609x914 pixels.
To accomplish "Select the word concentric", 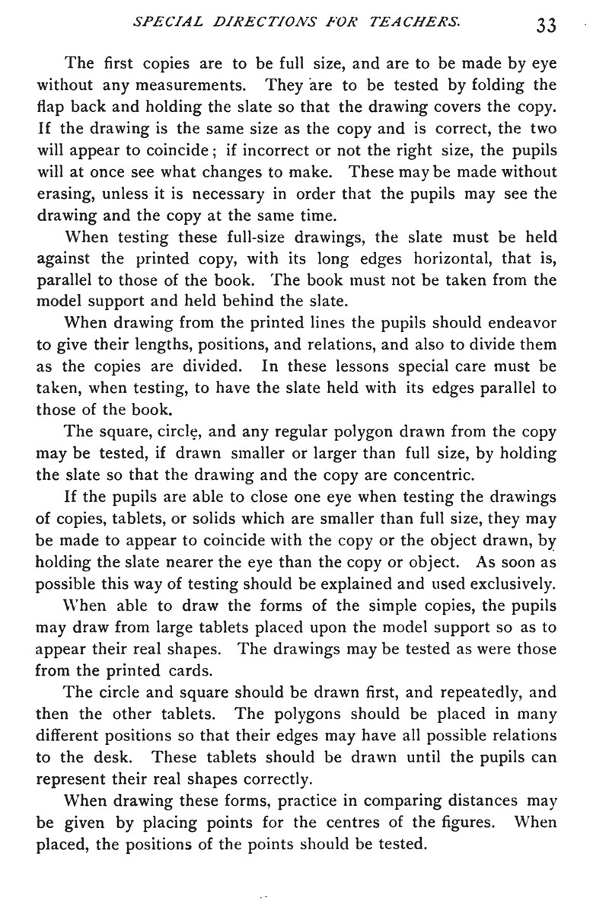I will click(435, 477).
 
